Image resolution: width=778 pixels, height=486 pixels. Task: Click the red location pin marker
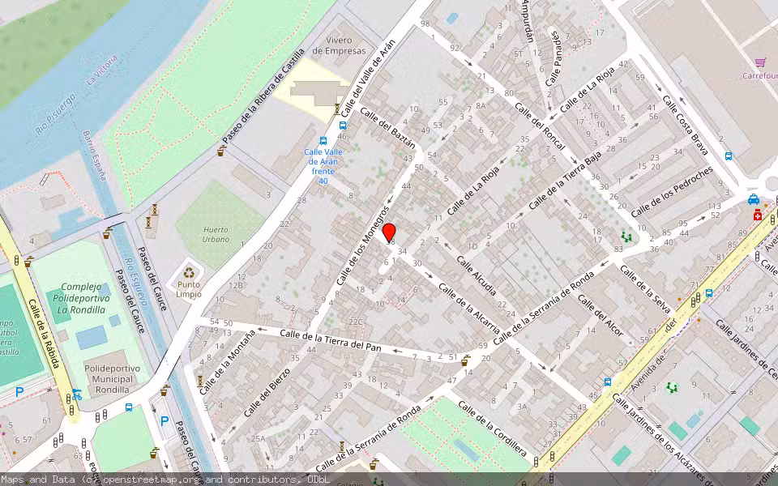coord(389,232)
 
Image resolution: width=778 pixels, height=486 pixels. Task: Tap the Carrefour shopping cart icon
coord(760,62)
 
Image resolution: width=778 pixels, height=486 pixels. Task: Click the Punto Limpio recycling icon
coord(190,274)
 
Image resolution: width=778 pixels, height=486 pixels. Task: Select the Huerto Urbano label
coord(216,234)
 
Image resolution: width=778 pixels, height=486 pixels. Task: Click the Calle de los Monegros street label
coord(357,244)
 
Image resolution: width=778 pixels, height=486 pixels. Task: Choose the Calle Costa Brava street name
coord(686,126)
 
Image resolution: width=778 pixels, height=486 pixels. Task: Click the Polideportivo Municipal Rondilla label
coord(112,377)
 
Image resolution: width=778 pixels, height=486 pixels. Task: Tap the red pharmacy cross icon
coord(757,215)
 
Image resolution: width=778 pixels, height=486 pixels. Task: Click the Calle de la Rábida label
coord(44,333)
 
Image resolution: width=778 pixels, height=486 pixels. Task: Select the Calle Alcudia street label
coord(477,275)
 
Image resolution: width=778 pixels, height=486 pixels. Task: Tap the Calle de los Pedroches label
coord(672,191)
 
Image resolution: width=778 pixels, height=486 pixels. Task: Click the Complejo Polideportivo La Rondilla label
coord(83,298)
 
